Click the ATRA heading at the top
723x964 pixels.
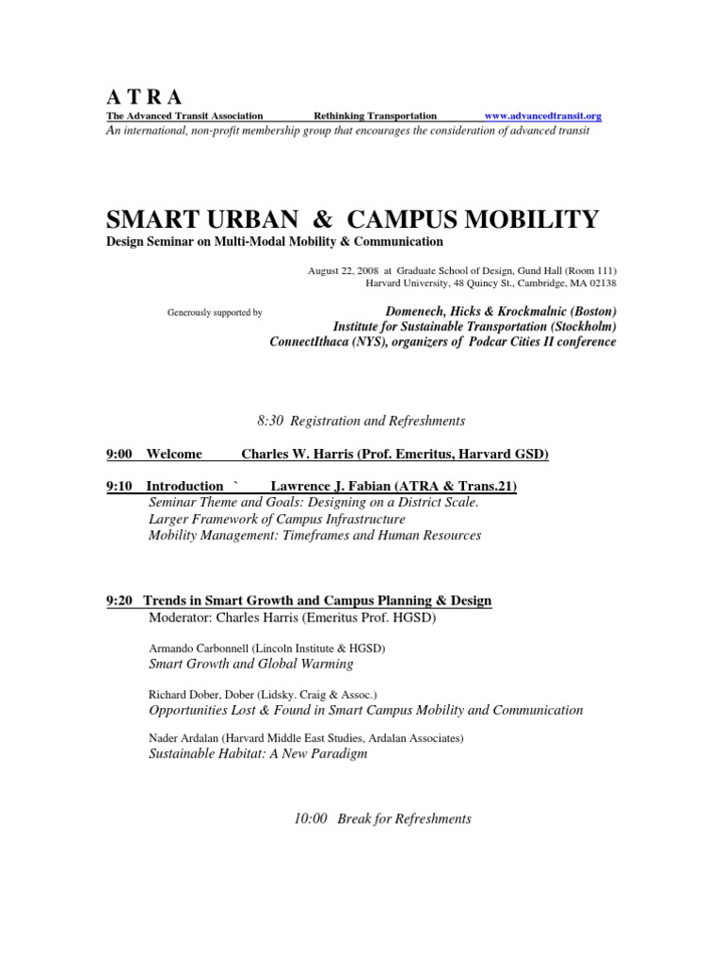click(x=145, y=96)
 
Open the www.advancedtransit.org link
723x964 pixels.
click(x=542, y=116)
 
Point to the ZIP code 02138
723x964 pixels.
click(x=602, y=282)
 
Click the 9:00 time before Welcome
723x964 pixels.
click(x=119, y=455)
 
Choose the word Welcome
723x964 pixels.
click(x=174, y=455)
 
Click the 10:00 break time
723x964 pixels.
click(x=310, y=819)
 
